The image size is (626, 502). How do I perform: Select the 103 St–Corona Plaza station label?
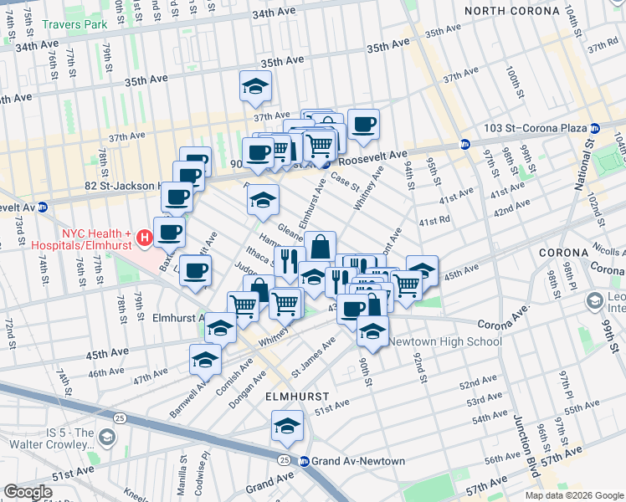pos(536,129)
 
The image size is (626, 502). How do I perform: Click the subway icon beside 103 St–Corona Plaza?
pos(595,129)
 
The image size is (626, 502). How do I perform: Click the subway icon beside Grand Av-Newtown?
pos(305,461)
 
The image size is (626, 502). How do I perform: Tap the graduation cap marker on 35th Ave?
pos(255,85)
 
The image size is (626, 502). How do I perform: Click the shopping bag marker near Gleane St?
pos(320,247)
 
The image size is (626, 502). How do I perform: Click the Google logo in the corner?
pos(28,492)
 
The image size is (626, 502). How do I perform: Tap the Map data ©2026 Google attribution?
pos(573,495)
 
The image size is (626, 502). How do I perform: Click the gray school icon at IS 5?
pos(106,437)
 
